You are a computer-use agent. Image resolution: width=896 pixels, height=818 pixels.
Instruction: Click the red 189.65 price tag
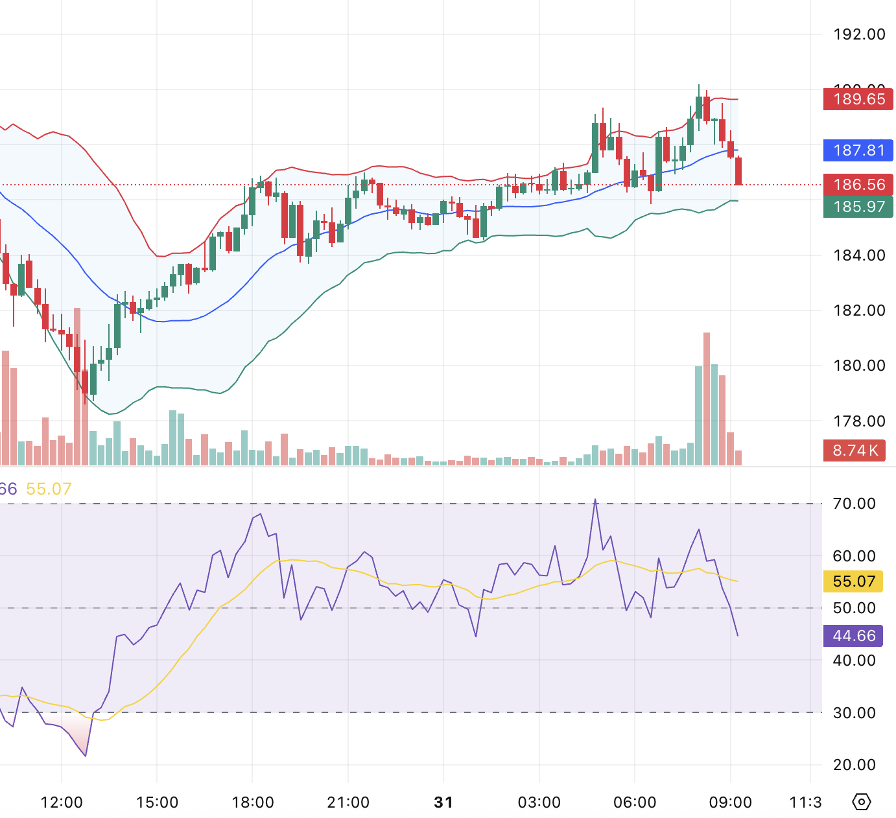pyautogui.click(x=858, y=99)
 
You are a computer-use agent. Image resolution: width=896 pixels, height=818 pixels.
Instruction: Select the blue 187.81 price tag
pyautogui.click(x=858, y=150)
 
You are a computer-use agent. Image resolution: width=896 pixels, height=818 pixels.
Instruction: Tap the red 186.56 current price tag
pyautogui.click(x=858, y=185)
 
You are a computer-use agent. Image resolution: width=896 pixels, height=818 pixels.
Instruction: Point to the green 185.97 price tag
pyautogui.click(x=858, y=207)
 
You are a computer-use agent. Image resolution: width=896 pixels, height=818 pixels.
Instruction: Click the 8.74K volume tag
pyautogui.click(x=855, y=450)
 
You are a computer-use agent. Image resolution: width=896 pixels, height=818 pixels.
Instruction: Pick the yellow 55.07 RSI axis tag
pyautogui.click(x=853, y=581)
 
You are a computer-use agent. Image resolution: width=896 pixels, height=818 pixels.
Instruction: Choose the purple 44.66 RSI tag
pyautogui.click(x=853, y=636)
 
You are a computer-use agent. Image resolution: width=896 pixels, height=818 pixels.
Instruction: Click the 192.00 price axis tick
pyautogui.click(x=859, y=34)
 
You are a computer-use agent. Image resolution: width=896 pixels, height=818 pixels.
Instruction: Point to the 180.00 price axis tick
pyautogui.click(x=859, y=366)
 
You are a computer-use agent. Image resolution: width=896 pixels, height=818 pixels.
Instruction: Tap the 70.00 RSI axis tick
pyautogui.click(x=854, y=504)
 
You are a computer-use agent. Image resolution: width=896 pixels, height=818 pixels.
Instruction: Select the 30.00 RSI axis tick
pyautogui.click(x=854, y=713)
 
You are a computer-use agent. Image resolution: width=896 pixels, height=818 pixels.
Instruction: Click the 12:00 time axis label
pyautogui.click(x=62, y=802)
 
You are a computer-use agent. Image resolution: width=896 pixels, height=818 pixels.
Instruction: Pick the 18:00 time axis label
pyautogui.click(x=253, y=802)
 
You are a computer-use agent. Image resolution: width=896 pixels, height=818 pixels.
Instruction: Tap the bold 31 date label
pyautogui.click(x=443, y=802)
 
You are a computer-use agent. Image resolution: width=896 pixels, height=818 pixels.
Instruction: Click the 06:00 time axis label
pyautogui.click(x=635, y=802)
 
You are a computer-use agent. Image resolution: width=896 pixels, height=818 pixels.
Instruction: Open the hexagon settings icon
pyautogui.click(x=861, y=802)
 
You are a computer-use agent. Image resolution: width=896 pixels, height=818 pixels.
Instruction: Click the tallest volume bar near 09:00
pyautogui.click(x=707, y=399)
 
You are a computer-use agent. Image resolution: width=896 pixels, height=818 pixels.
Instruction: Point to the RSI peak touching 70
pyautogui.click(x=595, y=500)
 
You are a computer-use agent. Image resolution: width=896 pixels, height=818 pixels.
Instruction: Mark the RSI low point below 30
pyautogui.click(x=86, y=755)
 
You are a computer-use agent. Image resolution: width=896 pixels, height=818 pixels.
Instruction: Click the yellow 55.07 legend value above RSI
pyautogui.click(x=49, y=489)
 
